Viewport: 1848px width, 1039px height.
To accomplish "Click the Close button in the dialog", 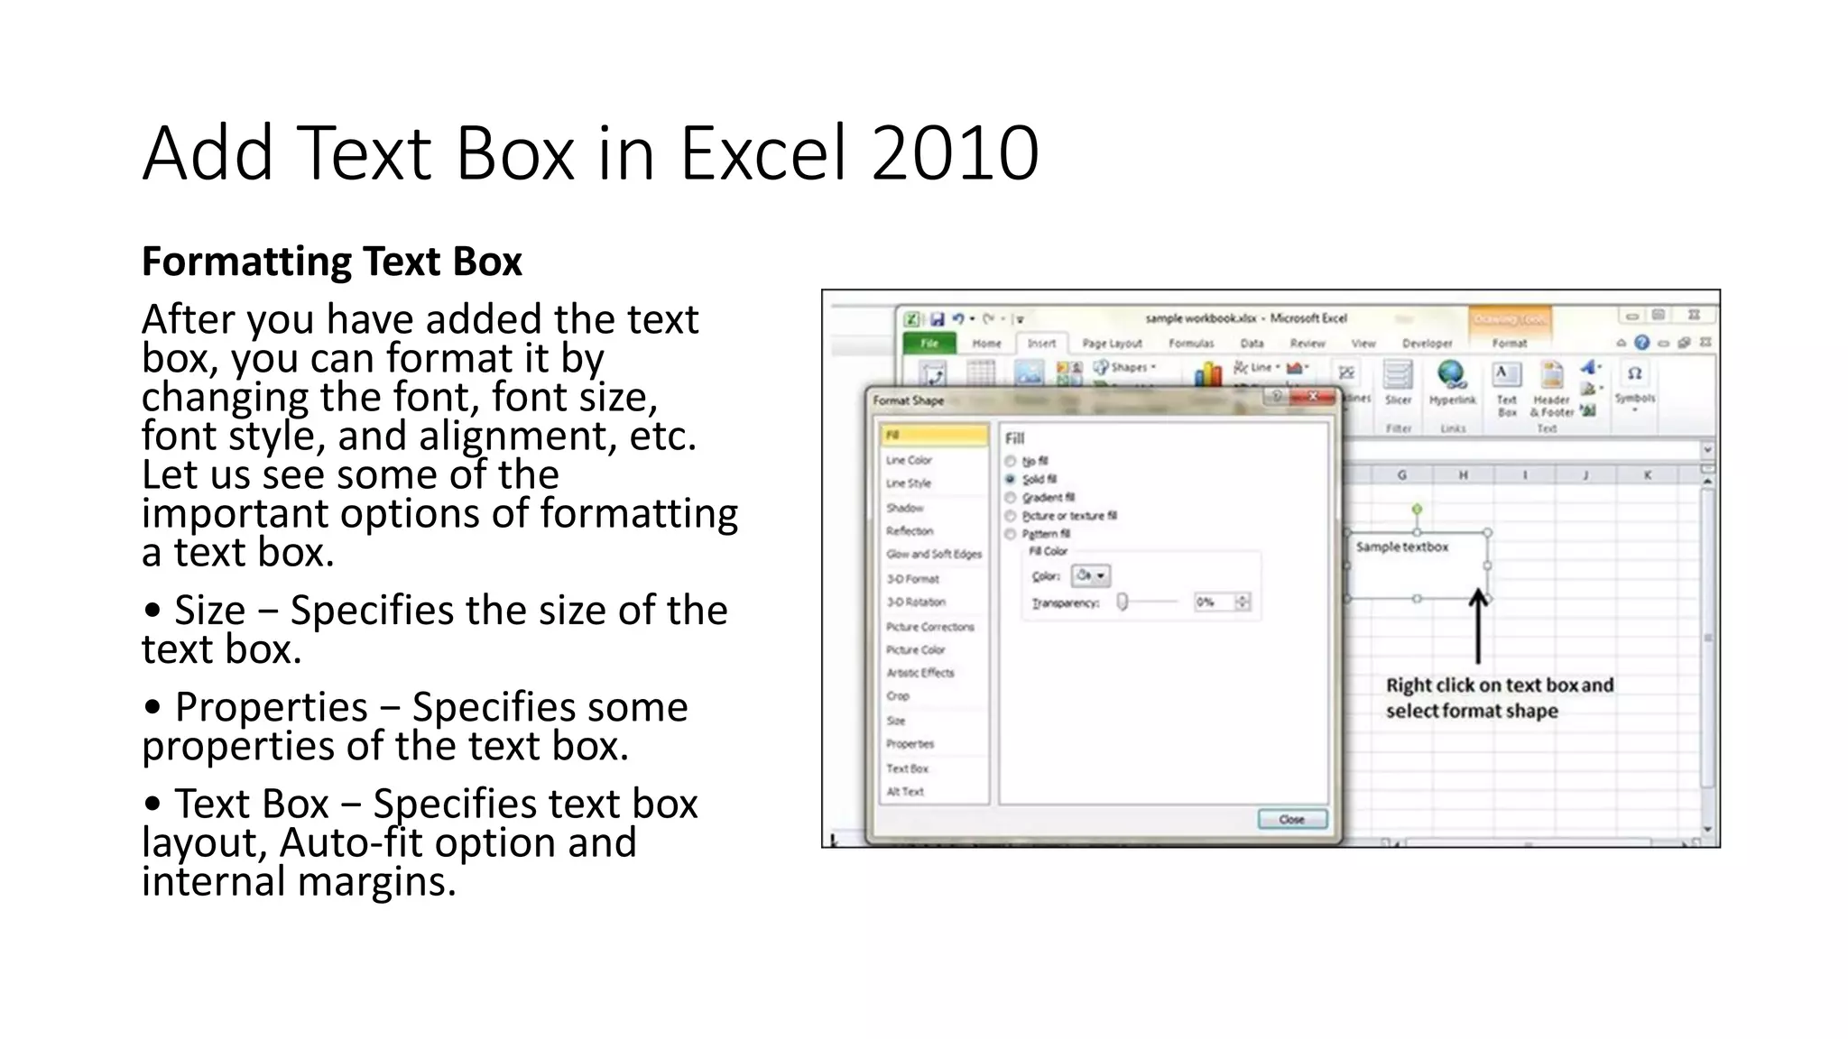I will [1292, 819].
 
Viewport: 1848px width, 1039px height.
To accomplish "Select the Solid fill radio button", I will [1011, 479].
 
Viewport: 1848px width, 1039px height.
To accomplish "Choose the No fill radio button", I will [1011, 461].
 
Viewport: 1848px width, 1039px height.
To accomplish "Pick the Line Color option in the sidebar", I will [909, 460].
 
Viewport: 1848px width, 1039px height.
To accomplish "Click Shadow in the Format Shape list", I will [904, 508].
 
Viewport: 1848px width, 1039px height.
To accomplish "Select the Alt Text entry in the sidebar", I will [905, 792].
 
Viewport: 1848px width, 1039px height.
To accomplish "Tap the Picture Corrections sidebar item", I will [929, 627].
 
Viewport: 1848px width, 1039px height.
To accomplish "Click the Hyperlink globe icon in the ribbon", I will [1452, 373].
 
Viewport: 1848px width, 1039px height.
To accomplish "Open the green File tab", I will [929, 344].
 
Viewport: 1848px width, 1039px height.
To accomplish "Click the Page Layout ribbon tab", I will [1112, 344].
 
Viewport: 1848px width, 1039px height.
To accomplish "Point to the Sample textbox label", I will [1401, 547].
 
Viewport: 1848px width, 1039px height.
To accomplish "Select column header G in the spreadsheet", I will [1401, 474].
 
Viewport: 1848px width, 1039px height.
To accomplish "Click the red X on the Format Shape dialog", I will [1313, 397].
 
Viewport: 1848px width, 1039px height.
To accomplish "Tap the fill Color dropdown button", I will [1090, 575].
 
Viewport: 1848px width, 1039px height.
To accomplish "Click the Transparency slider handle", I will [1123, 602].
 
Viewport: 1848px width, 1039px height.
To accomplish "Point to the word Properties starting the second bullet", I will [271, 707].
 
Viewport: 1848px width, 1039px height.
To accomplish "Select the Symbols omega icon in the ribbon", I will [1634, 373].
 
